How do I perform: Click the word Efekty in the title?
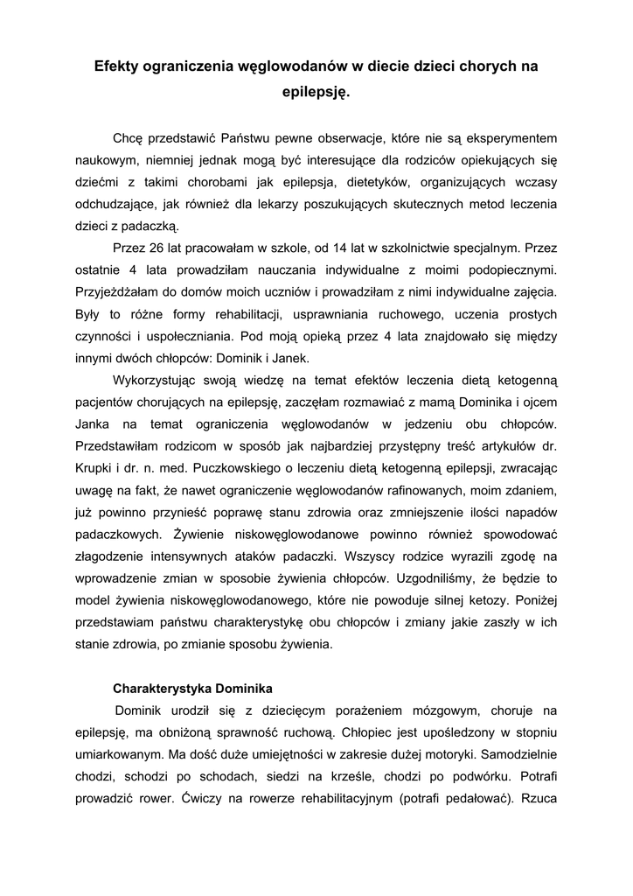120,66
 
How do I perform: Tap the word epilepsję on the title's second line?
316,90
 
